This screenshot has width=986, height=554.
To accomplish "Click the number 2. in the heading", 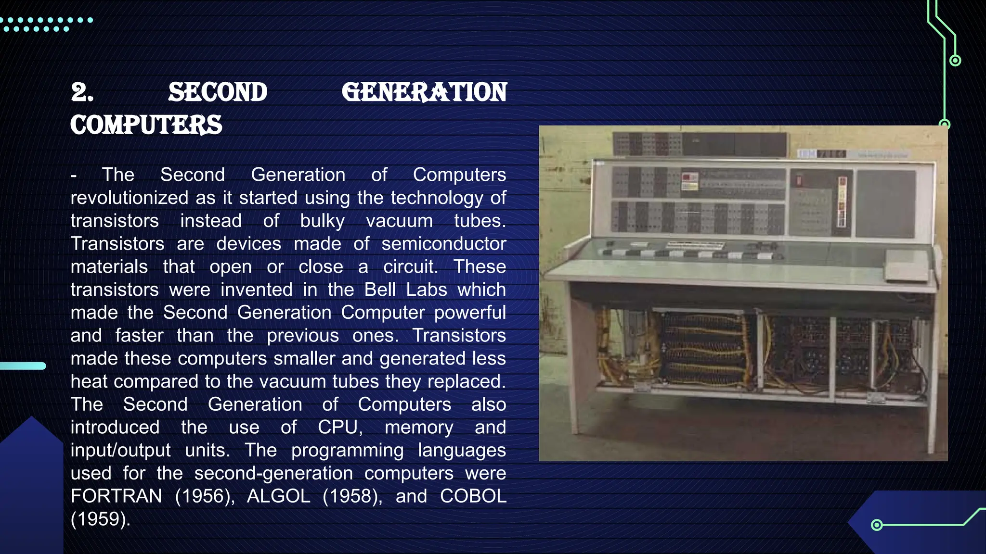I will click(x=82, y=92).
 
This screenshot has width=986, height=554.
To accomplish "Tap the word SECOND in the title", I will click(x=218, y=92).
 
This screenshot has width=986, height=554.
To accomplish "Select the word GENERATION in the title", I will click(x=424, y=92).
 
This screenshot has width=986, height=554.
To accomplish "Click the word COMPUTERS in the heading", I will click(x=146, y=125).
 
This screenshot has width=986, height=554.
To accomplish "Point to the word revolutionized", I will click(x=130, y=198).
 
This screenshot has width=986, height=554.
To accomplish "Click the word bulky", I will click(x=322, y=221).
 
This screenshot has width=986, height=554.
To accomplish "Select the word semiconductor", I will click(x=443, y=244).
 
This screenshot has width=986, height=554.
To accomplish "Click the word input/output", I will click(x=120, y=450).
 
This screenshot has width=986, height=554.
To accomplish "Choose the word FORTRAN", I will click(x=117, y=496).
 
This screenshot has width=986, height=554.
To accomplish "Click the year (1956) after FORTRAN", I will click(x=205, y=496).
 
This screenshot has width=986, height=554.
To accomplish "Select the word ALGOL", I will click(x=278, y=496).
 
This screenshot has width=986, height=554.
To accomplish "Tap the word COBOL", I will click(x=473, y=496).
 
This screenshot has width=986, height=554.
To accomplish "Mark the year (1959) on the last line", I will click(x=100, y=519).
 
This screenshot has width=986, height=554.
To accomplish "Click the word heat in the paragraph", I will click(x=89, y=381).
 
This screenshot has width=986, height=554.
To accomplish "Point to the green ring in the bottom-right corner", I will click(x=877, y=525).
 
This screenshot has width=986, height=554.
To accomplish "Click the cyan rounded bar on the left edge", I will click(x=23, y=366).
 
